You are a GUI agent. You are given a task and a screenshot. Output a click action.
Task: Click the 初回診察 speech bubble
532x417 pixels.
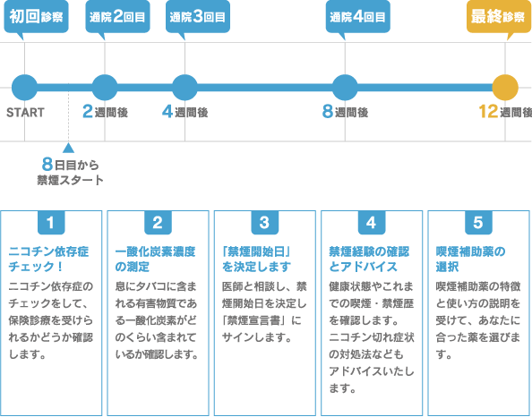36,17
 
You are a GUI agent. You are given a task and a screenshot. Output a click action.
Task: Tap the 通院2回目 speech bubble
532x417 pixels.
117,17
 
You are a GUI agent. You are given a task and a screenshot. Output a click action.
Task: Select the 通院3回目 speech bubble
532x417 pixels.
197,17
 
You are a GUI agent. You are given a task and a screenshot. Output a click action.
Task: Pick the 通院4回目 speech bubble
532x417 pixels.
357,17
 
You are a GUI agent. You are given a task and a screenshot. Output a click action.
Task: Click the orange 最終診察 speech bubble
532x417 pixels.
499,17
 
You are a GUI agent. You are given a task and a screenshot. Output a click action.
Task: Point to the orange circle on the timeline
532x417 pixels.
505,88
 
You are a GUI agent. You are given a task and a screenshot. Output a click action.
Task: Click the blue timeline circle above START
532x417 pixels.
24,88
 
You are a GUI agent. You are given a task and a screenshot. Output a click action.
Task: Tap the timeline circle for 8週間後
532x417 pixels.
345,88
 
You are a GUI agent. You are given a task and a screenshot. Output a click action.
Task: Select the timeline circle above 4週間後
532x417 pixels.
184,88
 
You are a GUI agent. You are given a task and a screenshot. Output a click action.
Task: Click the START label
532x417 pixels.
25,113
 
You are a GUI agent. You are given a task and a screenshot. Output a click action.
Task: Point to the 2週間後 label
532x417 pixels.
105,112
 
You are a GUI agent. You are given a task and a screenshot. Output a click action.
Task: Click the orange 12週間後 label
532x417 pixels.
505,112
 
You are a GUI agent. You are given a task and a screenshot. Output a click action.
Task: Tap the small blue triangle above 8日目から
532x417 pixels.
68,148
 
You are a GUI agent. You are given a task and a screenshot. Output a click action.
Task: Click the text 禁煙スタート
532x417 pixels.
70,180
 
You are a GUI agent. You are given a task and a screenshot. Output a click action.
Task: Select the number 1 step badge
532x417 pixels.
51,223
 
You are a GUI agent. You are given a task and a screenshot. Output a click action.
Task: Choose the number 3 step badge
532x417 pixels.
264,223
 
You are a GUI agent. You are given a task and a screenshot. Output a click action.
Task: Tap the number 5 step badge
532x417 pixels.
478,223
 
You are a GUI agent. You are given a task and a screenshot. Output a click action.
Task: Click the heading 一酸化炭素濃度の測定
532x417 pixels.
156,259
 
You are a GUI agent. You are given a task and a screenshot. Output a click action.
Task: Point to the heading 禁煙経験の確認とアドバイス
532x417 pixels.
369,259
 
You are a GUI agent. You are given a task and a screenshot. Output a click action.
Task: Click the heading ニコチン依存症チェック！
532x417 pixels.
48,259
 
